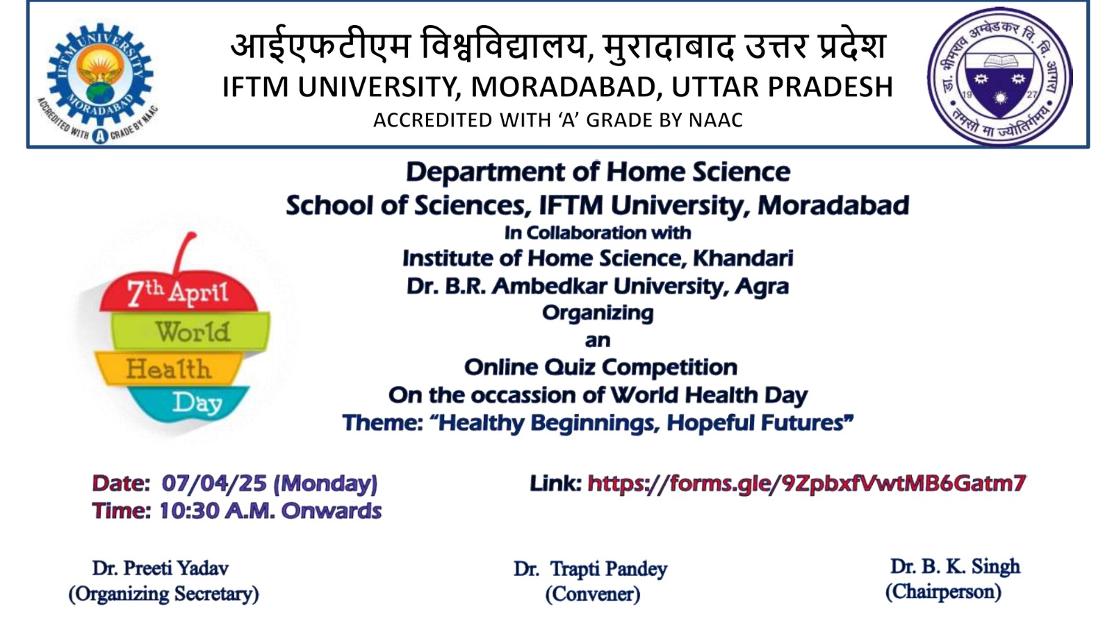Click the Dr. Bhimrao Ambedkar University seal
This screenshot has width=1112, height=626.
[1000, 76]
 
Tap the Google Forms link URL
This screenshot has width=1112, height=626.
[807, 483]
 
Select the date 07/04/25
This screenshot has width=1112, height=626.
[214, 483]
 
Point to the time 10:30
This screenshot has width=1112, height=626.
[188, 511]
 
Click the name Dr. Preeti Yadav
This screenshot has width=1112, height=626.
[161, 568]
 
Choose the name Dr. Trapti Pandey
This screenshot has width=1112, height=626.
[590, 570]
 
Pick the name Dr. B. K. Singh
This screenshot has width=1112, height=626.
[955, 566]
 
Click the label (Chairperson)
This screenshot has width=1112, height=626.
[943, 592]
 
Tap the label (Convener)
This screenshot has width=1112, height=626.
[593, 594]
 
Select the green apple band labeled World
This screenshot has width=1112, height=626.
[191, 331]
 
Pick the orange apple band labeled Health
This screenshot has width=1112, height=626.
[169, 368]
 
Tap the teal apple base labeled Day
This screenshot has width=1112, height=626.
[188, 403]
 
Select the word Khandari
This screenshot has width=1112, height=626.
[743, 258]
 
